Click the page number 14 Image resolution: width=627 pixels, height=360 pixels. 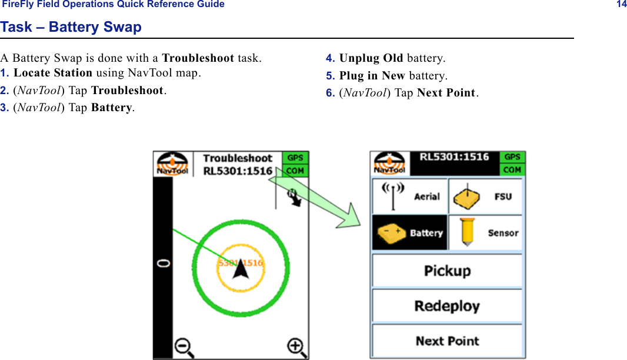[621, 5]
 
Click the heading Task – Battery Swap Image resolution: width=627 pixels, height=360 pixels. [71, 27]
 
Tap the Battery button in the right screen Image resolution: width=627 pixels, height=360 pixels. [409, 232]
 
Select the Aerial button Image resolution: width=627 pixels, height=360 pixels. [409, 196]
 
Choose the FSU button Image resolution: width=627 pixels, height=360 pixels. [485, 196]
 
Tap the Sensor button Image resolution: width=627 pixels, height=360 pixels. [485, 232]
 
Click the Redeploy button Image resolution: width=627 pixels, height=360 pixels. [447, 306]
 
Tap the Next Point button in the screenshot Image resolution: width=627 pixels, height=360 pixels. [447, 341]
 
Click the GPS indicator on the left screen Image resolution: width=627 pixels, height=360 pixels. [295, 158]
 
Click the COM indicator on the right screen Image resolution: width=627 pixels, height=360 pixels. [512, 169]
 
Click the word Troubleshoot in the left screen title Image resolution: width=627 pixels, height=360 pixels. [238, 158]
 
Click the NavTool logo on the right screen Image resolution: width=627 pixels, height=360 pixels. [389, 164]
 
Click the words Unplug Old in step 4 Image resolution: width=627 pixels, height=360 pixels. [371, 58]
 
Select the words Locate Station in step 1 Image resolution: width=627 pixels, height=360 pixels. [53, 74]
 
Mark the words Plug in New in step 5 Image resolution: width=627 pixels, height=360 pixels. [372, 76]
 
